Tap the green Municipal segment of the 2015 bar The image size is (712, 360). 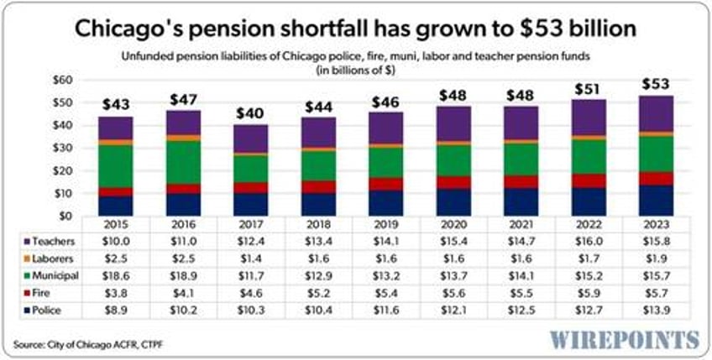[115, 165]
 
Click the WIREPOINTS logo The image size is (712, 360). [625, 339]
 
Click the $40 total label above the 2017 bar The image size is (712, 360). [249, 113]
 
